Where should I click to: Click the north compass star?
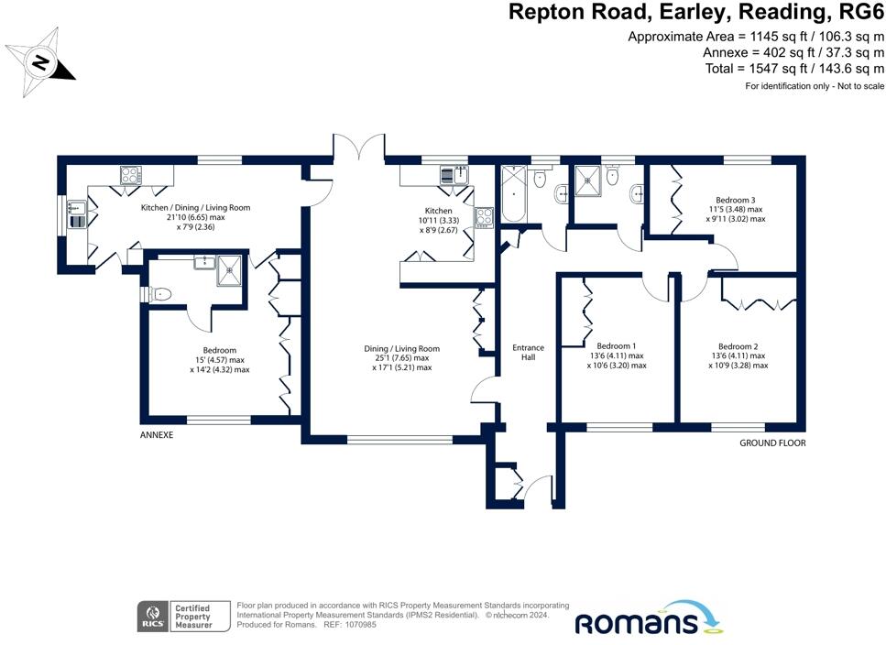coord(41,62)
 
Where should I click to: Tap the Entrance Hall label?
coord(528,352)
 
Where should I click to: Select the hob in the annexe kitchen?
coord(129,174)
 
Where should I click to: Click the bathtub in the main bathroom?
coord(514,194)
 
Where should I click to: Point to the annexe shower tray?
coord(230,267)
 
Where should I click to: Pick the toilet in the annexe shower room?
coord(161,294)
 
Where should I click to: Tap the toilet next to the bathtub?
coord(541,179)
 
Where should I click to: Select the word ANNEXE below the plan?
coord(157,436)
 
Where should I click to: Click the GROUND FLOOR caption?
coord(772,443)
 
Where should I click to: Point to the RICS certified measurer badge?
coord(174,616)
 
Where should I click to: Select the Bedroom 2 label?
coord(738,346)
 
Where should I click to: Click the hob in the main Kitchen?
coord(483,216)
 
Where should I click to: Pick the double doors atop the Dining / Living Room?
coord(357,149)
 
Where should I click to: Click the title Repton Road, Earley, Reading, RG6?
coord(696,12)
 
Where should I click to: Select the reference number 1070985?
coord(357,625)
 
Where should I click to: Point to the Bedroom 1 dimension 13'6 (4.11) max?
coord(616,355)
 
